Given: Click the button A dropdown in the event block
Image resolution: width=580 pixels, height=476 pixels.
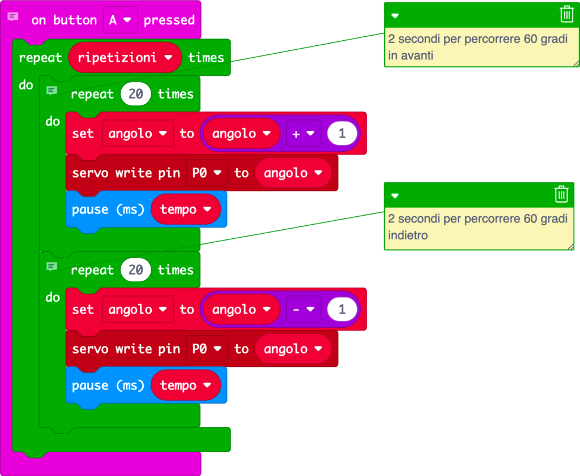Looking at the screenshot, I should [120, 20].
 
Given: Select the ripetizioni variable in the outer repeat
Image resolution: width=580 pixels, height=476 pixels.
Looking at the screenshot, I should [125, 57].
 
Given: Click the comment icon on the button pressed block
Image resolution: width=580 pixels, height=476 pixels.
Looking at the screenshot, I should [12, 18].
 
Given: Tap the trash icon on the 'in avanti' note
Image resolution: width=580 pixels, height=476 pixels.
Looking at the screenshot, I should [566, 14].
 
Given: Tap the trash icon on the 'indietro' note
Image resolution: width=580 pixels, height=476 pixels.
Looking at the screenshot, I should [561, 194].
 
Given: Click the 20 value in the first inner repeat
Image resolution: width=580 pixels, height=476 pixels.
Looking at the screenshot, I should [135, 94].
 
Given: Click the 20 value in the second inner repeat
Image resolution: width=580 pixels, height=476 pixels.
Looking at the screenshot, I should [135, 270].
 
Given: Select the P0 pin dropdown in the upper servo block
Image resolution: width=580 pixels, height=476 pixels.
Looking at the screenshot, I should [207, 173].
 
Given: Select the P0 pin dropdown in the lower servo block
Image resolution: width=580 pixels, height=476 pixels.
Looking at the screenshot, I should [207, 349].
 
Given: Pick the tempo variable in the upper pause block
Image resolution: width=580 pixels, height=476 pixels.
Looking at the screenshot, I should [185, 209].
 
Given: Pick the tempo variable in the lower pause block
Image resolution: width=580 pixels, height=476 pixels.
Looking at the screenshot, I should [185, 385].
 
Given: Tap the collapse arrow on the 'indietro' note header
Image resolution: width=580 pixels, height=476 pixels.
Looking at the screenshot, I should [395, 195].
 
